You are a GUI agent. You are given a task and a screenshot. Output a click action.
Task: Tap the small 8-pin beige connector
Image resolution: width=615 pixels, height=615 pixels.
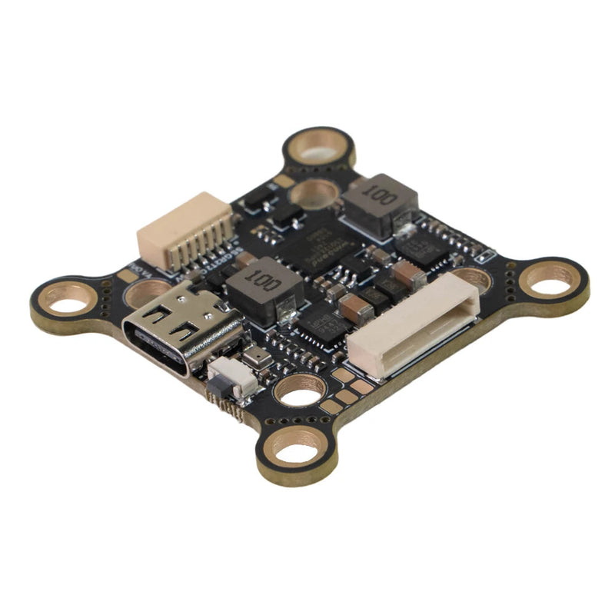click(184, 230)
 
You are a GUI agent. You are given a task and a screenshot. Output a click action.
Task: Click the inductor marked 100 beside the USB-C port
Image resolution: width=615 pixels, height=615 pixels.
click(264, 286)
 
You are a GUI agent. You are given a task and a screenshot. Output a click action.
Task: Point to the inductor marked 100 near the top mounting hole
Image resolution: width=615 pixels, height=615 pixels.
click(381, 201)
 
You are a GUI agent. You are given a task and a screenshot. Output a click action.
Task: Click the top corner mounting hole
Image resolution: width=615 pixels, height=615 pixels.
click(319, 148)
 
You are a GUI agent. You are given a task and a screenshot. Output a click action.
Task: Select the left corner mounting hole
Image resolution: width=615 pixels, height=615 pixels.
click(69, 298)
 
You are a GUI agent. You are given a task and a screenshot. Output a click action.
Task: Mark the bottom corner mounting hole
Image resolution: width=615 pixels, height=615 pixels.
click(296, 448)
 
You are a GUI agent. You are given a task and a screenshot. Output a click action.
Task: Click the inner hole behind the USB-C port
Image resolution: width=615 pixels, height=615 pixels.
click(145, 293)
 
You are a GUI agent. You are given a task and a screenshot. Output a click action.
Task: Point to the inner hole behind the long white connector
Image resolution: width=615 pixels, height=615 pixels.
click(470, 278)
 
